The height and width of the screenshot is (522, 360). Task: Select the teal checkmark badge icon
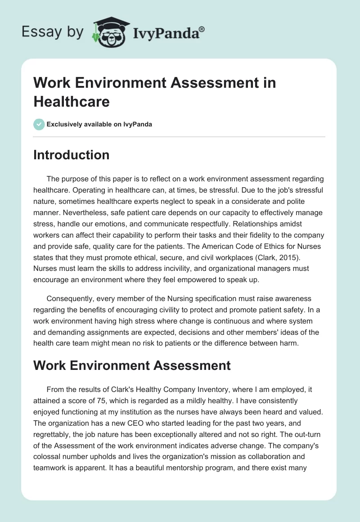pyautogui.click(x=39, y=125)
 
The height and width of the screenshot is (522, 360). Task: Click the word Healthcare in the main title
pyautogui.click(x=72, y=101)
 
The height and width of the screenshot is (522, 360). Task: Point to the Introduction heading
pyautogui.click(x=72, y=155)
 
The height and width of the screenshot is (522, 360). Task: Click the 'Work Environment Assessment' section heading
pyautogui.click(x=132, y=365)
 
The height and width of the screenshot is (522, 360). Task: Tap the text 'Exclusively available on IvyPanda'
pyautogui.click(x=99, y=125)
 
